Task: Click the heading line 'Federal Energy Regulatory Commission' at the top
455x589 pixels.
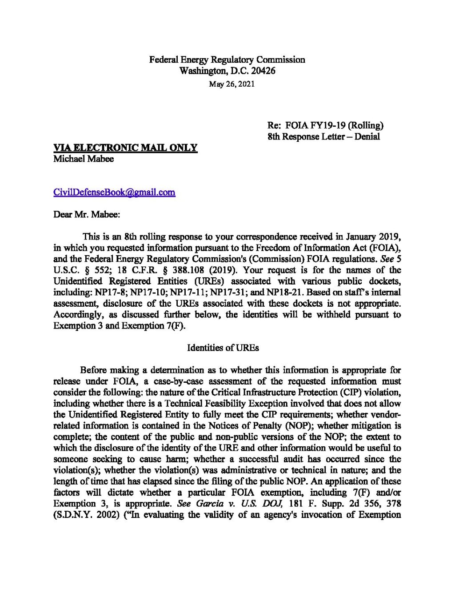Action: click(x=227, y=60)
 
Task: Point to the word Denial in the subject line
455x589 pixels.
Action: click(x=367, y=136)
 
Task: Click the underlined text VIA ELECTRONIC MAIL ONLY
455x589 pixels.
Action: click(x=125, y=148)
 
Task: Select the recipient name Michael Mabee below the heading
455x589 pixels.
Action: click(x=84, y=159)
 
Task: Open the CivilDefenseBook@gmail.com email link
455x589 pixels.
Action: click(x=114, y=192)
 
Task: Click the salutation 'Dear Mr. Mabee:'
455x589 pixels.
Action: click(x=87, y=214)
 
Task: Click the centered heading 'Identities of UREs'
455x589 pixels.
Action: click(x=223, y=348)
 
